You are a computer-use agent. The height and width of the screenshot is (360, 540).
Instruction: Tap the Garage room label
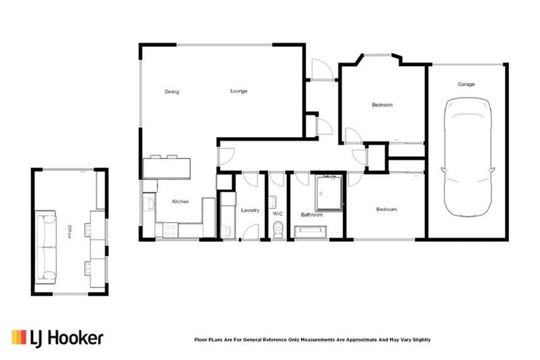(466, 84)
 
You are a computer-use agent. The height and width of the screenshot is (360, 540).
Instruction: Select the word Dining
(172, 91)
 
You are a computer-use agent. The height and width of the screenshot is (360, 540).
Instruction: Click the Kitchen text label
(181, 202)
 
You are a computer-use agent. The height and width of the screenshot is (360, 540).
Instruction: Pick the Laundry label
(250, 210)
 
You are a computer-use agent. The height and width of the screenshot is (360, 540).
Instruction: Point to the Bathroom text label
(311, 214)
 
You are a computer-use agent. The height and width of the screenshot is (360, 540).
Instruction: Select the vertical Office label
(69, 233)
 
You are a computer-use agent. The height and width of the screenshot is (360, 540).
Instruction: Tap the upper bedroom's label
(382, 105)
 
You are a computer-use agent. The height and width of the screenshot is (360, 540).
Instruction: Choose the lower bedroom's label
(386, 210)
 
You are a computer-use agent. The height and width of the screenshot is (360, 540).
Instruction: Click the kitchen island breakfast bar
(167, 167)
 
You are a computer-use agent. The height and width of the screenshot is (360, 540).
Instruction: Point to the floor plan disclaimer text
(312, 340)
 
